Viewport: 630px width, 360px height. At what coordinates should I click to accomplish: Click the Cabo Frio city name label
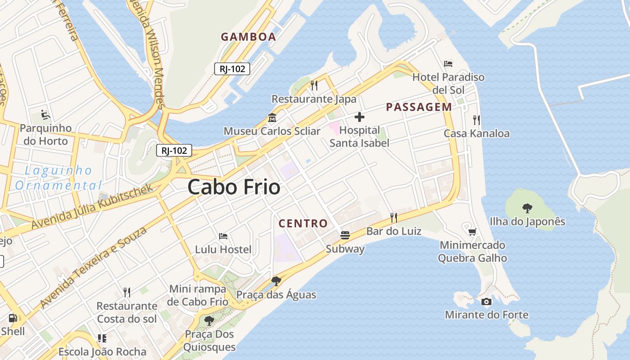(234, 186)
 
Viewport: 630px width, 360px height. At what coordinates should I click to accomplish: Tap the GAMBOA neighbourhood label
(248, 37)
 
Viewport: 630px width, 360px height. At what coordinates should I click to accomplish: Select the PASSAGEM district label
(419, 107)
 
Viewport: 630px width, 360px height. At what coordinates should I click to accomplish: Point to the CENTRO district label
(303, 223)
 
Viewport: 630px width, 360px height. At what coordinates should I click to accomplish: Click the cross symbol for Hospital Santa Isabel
(359, 117)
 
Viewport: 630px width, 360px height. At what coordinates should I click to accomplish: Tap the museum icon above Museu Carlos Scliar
(272, 118)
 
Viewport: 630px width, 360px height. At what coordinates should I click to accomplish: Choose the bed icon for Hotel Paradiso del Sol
(448, 63)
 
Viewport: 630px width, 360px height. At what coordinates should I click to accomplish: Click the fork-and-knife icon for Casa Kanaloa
(476, 120)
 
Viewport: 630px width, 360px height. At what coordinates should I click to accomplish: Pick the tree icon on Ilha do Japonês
(527, 208)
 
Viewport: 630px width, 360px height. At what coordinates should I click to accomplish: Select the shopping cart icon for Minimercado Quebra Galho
(472, 232)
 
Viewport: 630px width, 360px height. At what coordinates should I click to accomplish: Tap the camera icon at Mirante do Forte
(486, 301)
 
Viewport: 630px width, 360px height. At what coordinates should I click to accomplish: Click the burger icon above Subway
(345, 235)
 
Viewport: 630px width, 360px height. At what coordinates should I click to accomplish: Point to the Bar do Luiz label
(394, 231)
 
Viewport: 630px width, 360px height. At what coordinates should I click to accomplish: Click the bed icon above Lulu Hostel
(223, 236)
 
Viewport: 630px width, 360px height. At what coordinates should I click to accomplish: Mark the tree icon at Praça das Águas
(276, 281)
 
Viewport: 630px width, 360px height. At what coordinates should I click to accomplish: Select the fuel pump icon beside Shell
(13, 318)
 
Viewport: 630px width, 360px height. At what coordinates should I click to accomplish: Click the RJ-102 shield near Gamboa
(232, 69)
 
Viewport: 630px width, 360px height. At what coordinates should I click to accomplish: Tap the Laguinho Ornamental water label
(58, 178)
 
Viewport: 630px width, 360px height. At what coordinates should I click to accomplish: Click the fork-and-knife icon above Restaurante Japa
(314, 85)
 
